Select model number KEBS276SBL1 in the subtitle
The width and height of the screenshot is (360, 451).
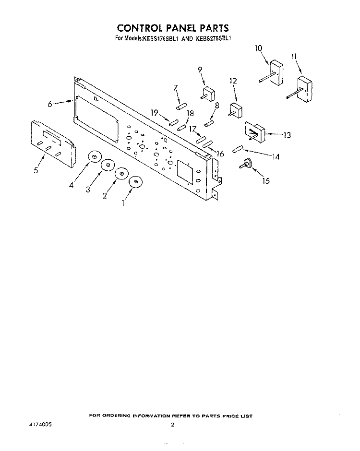pos(214,38)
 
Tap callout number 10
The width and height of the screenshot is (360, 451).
pos(258,48)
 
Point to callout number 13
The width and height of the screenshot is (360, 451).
pos(287,135)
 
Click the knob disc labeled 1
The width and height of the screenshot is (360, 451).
pos(136,182)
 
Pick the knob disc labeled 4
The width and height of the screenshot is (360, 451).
pos(95,156)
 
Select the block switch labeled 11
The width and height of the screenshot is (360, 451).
pos(300,90)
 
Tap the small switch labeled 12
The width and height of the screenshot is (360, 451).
pos(236,111)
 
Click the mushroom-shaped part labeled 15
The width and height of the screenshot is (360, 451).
pos(245,164)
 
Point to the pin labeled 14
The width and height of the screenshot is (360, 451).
pos(238,149)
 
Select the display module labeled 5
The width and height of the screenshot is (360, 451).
pos(54,144)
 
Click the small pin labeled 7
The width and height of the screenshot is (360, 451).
pos(182,106)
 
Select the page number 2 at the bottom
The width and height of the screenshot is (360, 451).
pos(172,425)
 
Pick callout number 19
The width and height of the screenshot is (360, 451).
pos(155,112)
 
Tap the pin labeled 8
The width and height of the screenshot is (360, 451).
pos(209,124)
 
